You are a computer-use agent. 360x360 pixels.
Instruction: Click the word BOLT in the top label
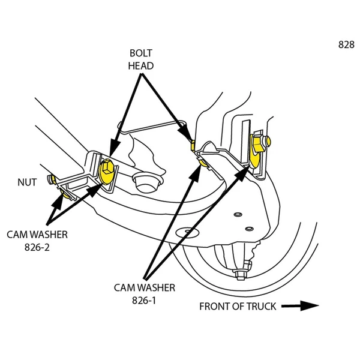point(141,53)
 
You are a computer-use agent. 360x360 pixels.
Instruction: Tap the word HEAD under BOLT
point(141,65)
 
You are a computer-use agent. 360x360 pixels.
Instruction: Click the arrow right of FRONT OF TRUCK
point(301,306)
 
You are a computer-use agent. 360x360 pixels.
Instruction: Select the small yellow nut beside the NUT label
point(53,179)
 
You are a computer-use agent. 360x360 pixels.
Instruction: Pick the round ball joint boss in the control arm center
point(144,181)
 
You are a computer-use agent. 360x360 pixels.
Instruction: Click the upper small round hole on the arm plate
point(238,214)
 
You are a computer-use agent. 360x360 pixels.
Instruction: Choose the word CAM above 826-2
point(19,234)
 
